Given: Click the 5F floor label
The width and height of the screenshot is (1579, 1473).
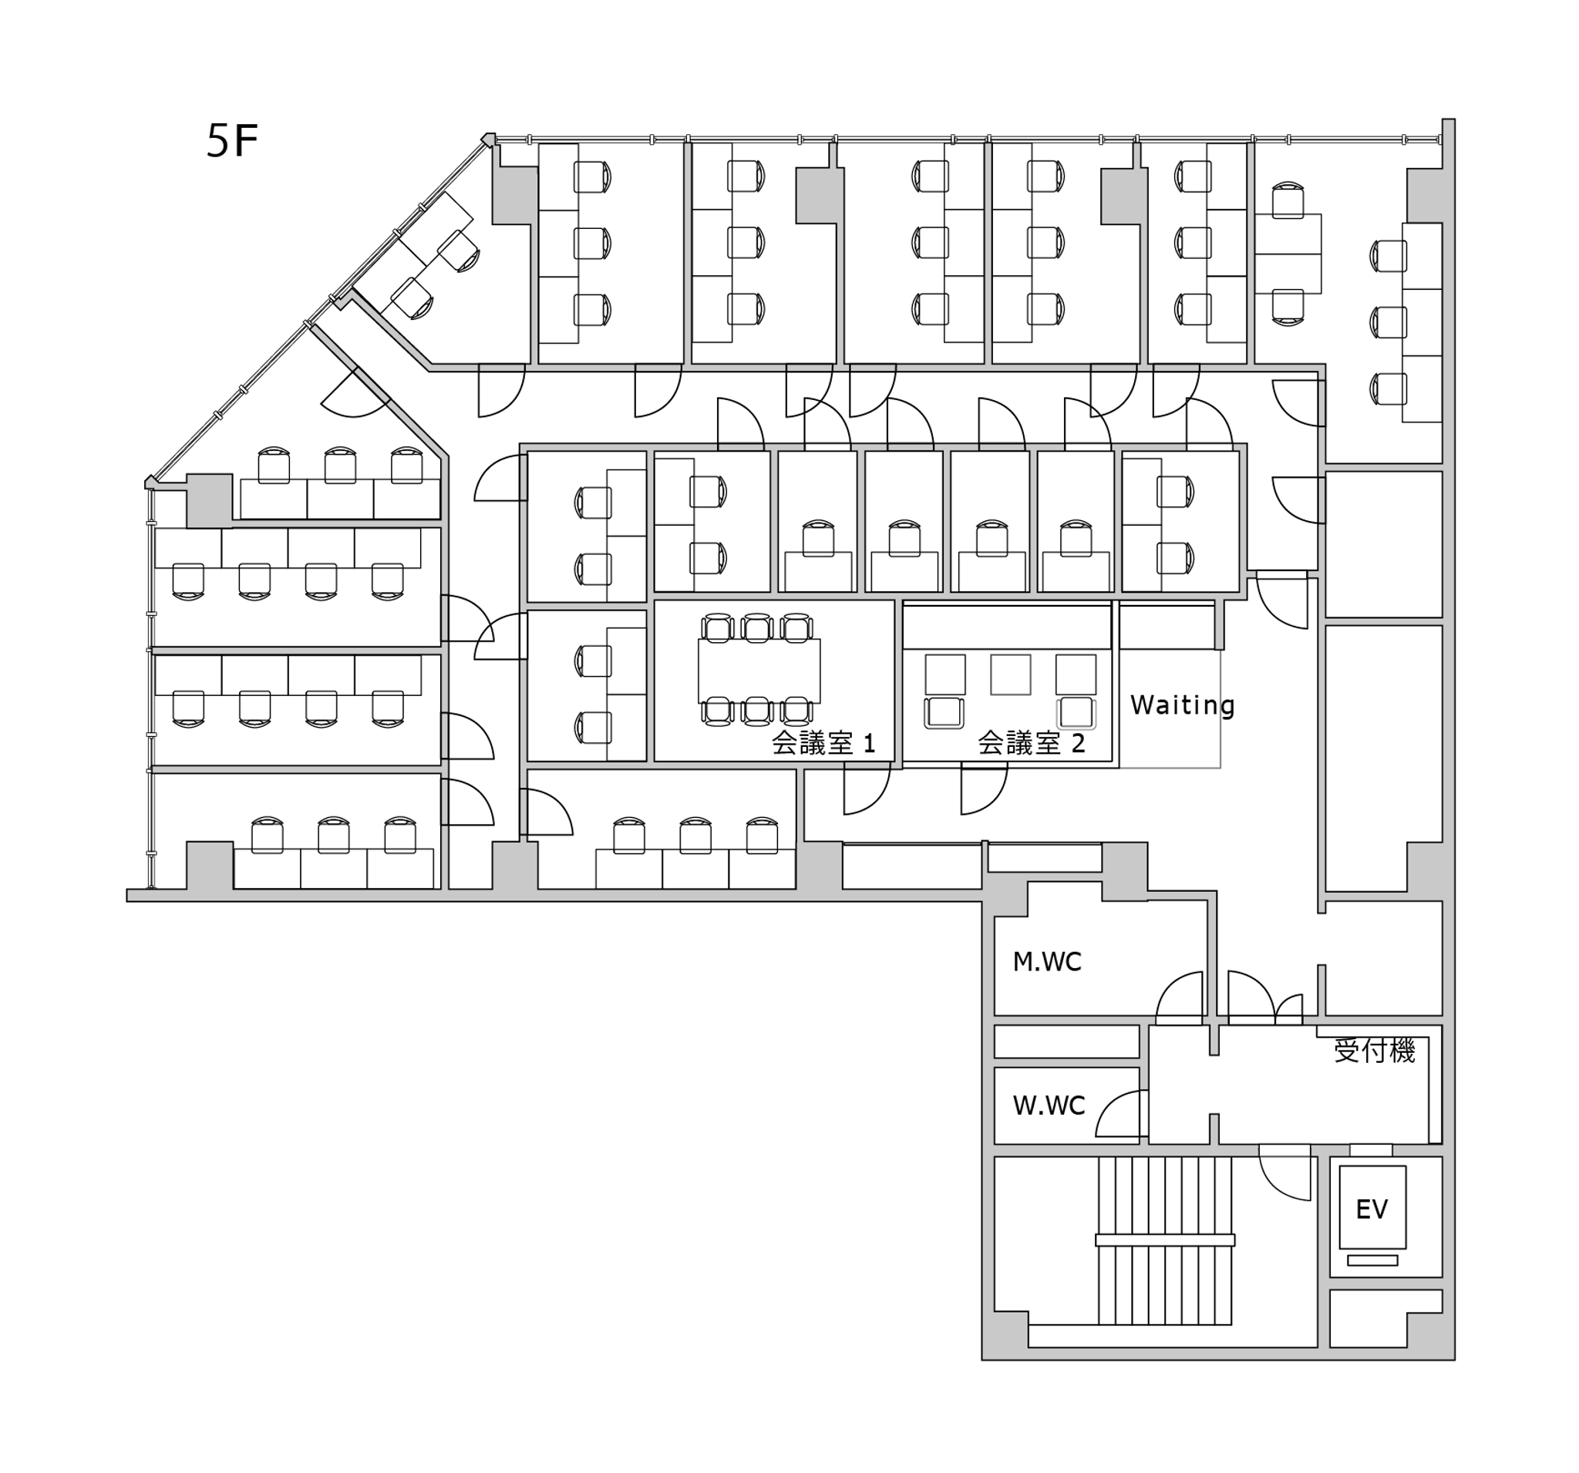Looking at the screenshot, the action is (232, 141).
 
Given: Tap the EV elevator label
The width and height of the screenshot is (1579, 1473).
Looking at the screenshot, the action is (1372, 1209).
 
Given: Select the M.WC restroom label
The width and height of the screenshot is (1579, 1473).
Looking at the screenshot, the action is (1047, 963).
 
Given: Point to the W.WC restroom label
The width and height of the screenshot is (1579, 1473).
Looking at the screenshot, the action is (1049, 1105).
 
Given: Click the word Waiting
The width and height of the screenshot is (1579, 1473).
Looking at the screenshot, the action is (1182, 705).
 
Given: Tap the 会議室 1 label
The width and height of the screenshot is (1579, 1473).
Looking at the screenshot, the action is (823, 743).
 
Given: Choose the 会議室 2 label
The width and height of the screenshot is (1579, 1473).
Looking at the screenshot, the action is (1031, 743).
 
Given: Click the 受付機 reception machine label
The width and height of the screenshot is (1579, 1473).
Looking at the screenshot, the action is (1375, 1051).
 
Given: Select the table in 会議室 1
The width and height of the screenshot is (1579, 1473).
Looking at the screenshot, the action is (759, 671).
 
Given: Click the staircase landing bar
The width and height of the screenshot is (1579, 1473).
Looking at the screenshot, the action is (1164, 1239).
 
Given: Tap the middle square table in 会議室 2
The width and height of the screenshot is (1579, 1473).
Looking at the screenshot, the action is (1010, 675).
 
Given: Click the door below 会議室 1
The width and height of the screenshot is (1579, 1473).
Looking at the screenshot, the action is (867, 788).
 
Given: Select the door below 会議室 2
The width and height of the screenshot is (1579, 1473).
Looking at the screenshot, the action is (985, 788).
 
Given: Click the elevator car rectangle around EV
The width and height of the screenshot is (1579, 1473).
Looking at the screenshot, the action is (1372, 1207).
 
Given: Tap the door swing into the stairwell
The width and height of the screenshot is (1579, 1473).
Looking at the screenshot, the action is (1284, 1172).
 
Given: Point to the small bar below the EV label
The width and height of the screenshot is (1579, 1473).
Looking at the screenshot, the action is (1372, 1260).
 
